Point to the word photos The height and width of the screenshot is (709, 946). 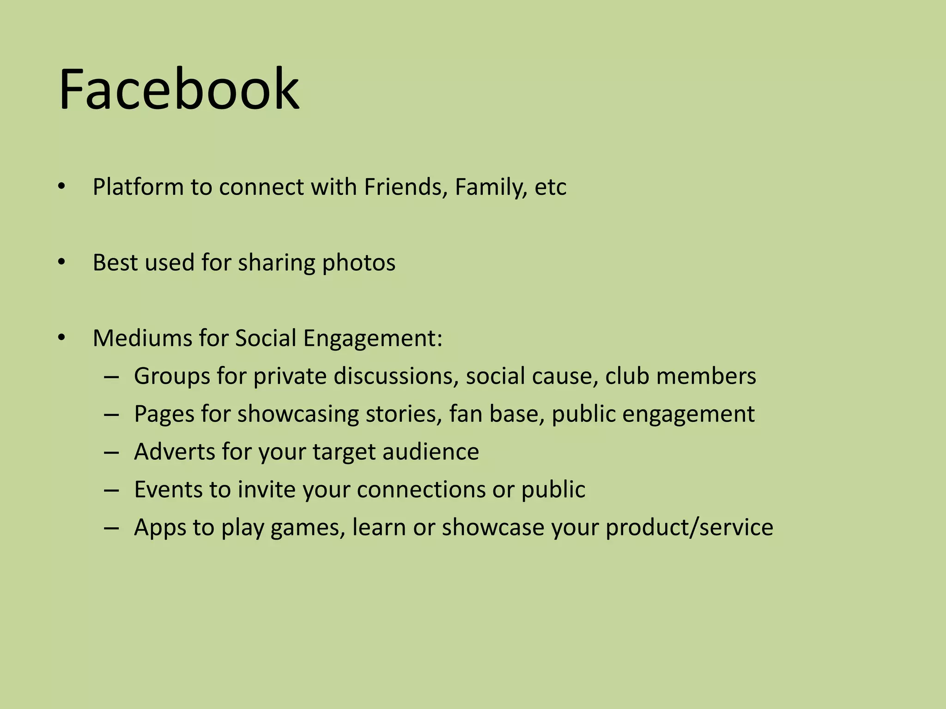tap(358, 263)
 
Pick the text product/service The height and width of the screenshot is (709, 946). tap(689, 527)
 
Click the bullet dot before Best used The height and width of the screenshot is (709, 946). tap(62, 262)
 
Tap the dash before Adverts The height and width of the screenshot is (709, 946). tap(111, 452)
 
